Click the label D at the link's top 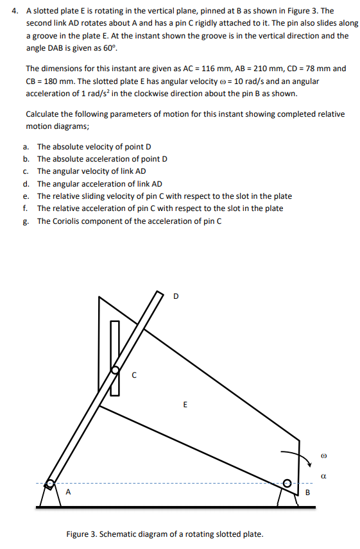point(176,296)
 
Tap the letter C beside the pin point(133,376)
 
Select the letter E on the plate point(185,405)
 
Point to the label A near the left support point(69,493)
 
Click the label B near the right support point(307,493)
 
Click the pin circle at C point(116,371)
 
